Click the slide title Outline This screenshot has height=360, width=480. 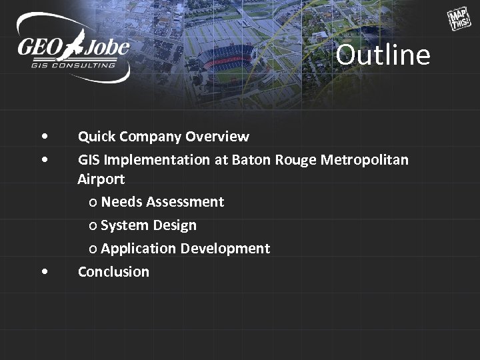(x=383, y=55)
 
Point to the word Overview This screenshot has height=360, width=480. (x=217, y=137)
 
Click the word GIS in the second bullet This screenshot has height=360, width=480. (x=89, y=160)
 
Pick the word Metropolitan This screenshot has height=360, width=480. (x=373, y=160)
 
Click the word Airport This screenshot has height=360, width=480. (x=101, y=179)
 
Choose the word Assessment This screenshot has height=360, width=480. (x=185, y=202)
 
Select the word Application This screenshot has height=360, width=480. (x=137, y=249)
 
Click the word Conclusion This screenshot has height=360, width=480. (x=113, y=271)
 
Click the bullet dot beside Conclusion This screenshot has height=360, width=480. (x=44, y=271)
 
